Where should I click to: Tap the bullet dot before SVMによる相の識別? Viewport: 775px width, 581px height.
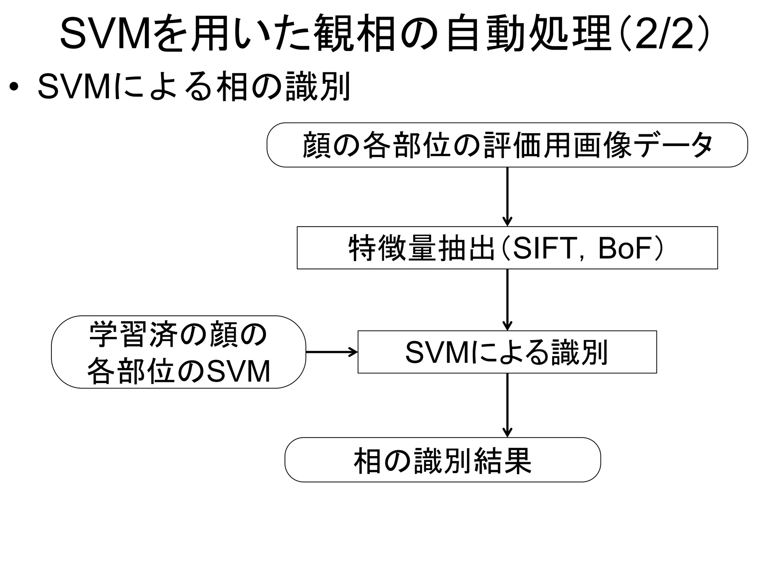[14, 87]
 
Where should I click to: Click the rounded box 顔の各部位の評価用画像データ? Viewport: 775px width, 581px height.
[507, 145]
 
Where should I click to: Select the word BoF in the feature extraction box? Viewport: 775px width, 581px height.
[625, 248]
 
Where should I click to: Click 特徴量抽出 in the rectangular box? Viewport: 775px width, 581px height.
[421, 248]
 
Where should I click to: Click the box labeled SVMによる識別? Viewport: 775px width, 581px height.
[507, 352]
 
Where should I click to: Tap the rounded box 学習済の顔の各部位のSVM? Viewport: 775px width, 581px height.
[178, 352]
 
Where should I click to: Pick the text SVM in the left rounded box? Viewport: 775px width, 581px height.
[239, 371]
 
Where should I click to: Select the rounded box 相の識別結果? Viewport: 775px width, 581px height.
[442, 460]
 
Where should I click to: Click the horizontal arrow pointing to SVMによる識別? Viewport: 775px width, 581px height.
[331, 352]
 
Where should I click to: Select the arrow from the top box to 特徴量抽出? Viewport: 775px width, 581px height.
[507, 197]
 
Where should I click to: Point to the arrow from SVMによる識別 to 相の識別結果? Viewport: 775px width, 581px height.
[507, 405]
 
